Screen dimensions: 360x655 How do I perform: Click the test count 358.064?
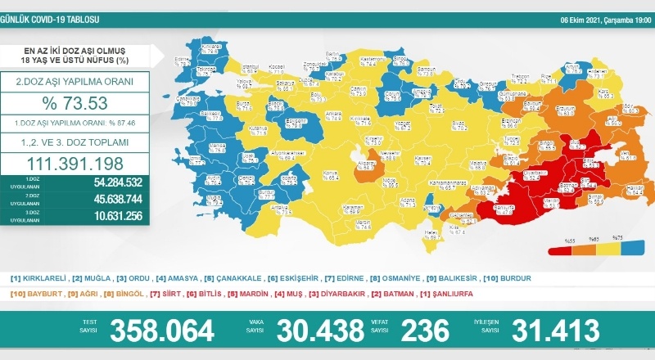click(x=162, y=331)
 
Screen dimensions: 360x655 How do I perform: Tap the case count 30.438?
click(x=319, y=331)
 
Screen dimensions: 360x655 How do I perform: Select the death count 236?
click(x=425, y=331)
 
